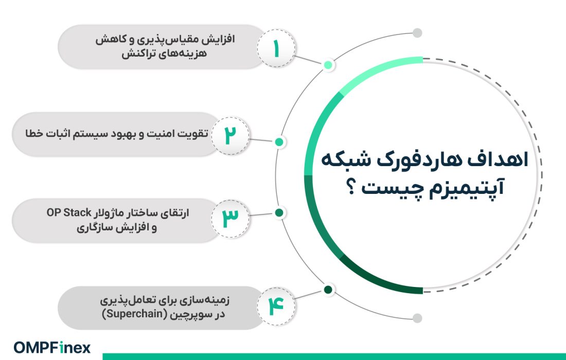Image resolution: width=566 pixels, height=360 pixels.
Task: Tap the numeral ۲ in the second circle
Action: point(229,135)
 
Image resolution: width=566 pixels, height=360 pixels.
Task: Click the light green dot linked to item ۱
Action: point(328,65)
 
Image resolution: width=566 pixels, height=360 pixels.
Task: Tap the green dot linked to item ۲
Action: point(279,142)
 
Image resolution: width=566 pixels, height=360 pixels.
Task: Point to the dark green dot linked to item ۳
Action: point(279,212)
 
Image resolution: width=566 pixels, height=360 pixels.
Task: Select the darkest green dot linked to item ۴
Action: point(328,290)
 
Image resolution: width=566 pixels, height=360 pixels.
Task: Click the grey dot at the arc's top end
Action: point(417,33)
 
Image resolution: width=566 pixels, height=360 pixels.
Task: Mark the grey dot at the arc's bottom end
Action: point(417,318)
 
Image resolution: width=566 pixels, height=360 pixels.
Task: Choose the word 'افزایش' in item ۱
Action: point(222,40)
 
